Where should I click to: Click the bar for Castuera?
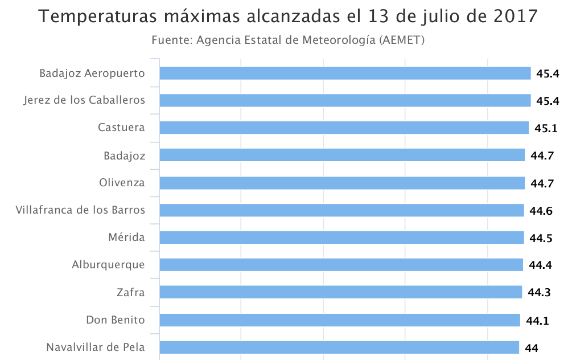point(344,128)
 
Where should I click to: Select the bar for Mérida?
point(341,238)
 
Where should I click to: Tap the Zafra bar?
point(340,292)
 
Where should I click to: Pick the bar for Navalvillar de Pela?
point(339,347)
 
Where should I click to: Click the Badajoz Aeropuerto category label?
point(92,73)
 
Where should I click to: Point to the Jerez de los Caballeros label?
point(84,100)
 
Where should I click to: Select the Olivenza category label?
point(122,183)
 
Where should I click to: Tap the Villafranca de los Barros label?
point(80,210)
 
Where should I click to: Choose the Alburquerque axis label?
point(108,265)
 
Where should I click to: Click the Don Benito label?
point(116,320)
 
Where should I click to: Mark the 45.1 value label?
point(546,128)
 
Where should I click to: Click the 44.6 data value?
point(541,211)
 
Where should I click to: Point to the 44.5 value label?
point(541,238)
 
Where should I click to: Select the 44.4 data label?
point(540,265)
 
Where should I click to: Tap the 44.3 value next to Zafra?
point(538,293)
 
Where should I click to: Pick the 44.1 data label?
point(537,321)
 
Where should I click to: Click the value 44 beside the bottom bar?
point(531,348)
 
